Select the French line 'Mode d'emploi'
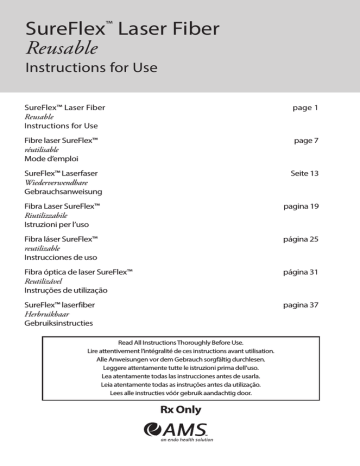point(55,162)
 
